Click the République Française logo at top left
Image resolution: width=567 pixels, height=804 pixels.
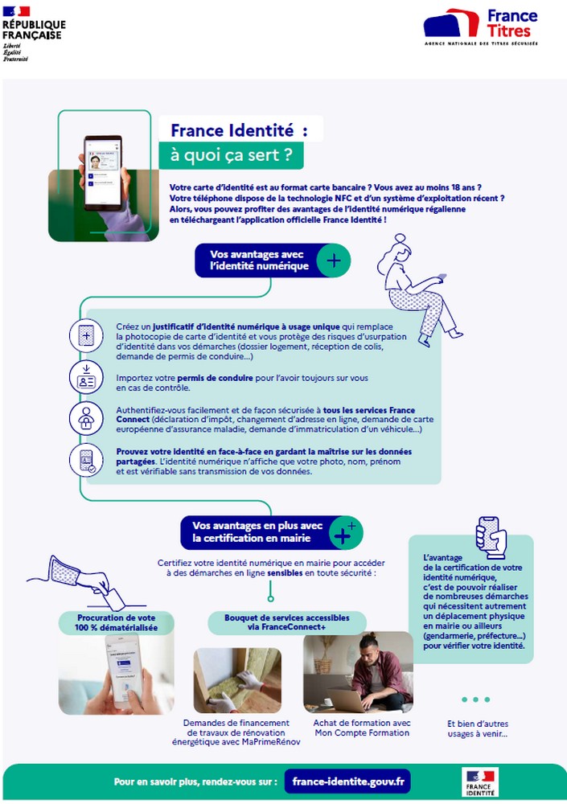tap(33, 33)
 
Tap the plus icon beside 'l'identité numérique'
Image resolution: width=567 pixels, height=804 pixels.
tap(333, 260)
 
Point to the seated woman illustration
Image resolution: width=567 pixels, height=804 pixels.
tap(419, 285)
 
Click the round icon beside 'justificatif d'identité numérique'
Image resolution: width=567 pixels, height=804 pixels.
tap(86, 334)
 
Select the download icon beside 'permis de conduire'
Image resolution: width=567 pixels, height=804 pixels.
tap(86, 377)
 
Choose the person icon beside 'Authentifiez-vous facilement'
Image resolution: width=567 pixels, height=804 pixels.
tap(86, 419)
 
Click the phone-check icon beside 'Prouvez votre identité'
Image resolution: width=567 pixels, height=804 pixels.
tap(86, 461)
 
